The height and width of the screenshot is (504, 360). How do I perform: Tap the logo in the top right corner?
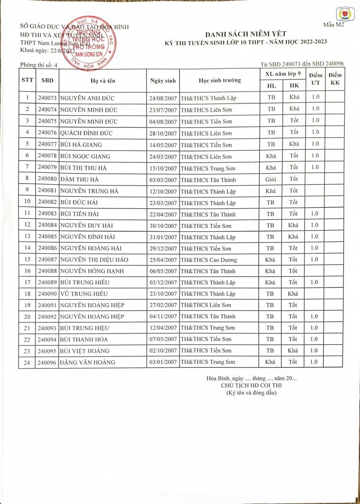coord(345,14)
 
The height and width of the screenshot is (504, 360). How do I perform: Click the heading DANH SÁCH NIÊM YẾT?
coord(245,34)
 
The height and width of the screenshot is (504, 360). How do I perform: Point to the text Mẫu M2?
coord(333,25)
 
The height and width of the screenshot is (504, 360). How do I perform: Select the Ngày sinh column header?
coord(163,81)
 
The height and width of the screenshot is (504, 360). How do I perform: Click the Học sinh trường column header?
coord(220,80)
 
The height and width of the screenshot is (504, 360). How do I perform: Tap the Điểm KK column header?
coord(335,79)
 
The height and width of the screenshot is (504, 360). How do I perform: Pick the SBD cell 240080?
coord(47,179)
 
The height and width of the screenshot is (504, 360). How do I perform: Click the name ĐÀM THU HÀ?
coord(80,179)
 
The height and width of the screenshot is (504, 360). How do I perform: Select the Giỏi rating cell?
coord(271,179)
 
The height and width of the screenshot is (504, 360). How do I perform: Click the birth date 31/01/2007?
coord(163,237)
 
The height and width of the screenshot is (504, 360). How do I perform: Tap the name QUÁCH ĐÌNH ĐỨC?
coord(86,133)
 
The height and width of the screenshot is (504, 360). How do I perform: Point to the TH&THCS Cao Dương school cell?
coord(209,260)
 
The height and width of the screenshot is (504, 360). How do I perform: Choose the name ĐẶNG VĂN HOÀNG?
coord(88,362)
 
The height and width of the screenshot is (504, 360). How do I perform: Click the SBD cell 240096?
coord(47,363)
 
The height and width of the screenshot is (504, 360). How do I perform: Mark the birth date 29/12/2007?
coord(163,249)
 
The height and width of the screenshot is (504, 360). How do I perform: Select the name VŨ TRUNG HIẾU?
coord(84,294)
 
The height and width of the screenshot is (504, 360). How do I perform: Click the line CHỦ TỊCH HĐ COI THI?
coord(251,385)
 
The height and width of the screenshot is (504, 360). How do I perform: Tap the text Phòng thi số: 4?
coord(39,65)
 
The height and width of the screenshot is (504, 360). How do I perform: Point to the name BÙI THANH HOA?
coord(84,339)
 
